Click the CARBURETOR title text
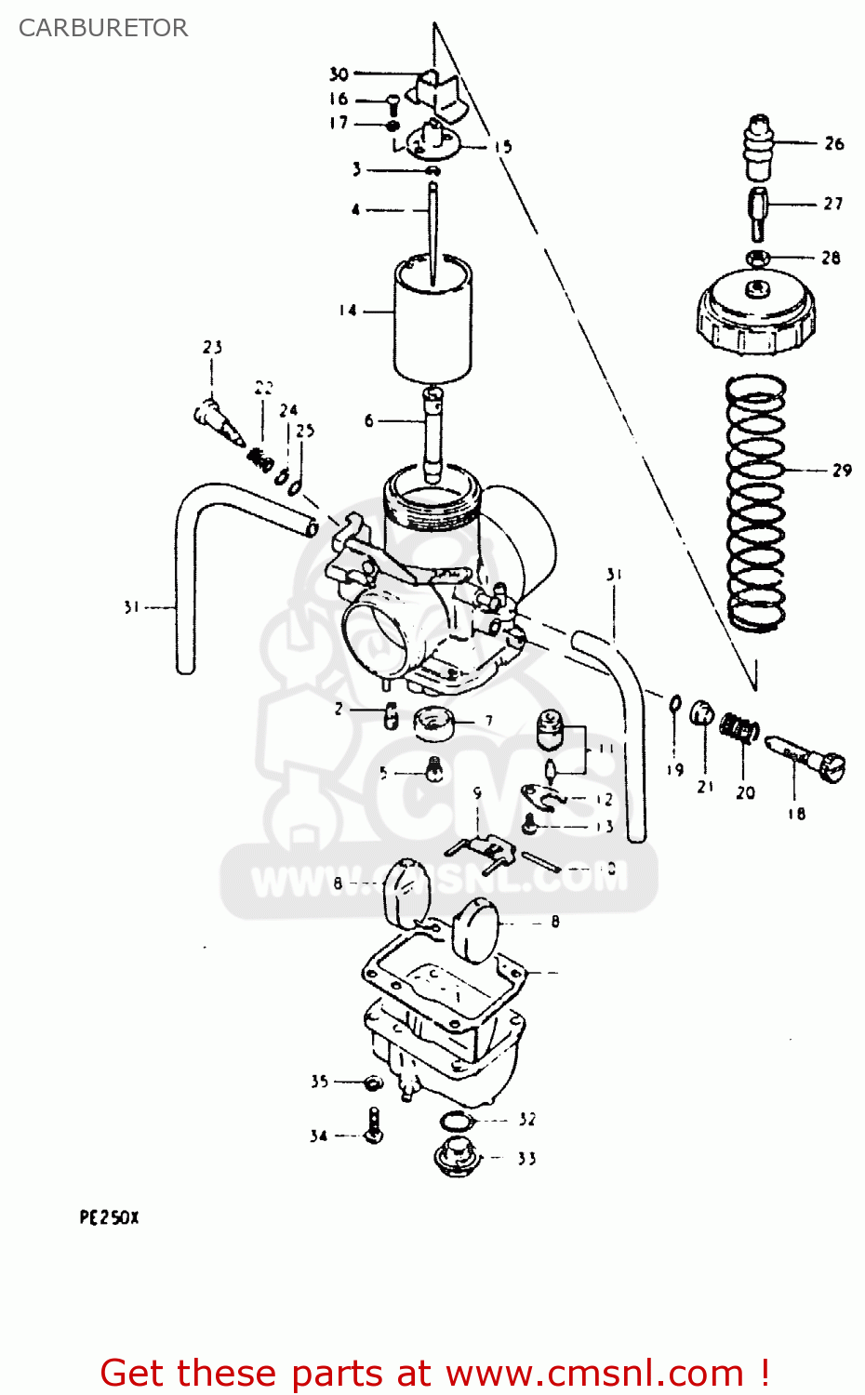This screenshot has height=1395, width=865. (103, 28)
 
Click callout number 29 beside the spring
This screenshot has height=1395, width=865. (842, 471)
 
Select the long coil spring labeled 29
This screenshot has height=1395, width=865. (755, 502)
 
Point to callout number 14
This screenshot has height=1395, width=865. (348, 311)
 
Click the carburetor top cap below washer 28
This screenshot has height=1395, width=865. (757, 316)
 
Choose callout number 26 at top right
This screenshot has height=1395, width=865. (834, 143)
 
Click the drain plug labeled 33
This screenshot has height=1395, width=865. (457, 1157)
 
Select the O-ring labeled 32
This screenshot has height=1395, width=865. (457, 1120)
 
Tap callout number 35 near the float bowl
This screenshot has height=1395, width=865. (320, 1082)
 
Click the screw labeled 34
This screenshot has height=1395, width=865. (374, 1126)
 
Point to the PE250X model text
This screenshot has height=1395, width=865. (109, 1217)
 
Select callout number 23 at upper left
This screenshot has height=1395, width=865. (213, 348)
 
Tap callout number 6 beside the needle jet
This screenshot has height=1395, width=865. (369, 421)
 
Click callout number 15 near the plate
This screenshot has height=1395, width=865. (502, 147)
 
